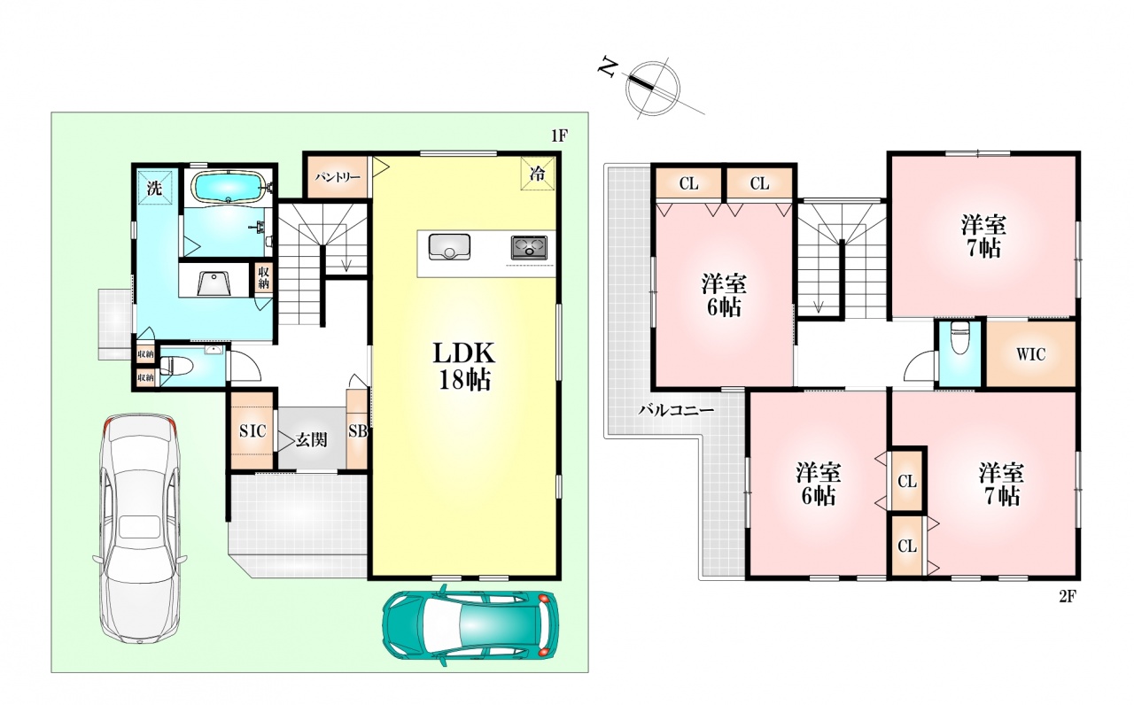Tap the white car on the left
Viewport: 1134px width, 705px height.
[x=140, y=530]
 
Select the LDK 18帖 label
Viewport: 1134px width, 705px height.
[x=464, y=367]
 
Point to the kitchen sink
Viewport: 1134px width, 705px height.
[x=449, y=246]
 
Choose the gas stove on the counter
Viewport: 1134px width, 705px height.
[x=529, y=248]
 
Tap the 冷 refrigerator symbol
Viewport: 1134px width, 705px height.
[x=538, y=174]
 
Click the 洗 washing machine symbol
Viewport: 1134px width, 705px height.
[x=154, y=189]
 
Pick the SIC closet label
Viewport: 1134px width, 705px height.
[x=252, y=430]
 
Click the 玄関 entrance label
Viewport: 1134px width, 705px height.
[x=311, y=440]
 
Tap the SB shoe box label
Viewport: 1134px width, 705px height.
[x=357, y=430]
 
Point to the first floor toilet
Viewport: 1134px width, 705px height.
[x=175, y=366]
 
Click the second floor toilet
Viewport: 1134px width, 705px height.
[x=959, y=339]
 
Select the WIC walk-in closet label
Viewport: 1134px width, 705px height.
[x=1030, y=354]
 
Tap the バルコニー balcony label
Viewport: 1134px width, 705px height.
[x=676, y=410]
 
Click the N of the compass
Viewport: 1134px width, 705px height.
[x=608, y=68]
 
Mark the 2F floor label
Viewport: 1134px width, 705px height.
[x=1068, y=597]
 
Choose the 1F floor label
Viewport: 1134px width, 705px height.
[x=559, y=136]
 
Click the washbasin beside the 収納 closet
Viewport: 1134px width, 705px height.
[x=214, y=283]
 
